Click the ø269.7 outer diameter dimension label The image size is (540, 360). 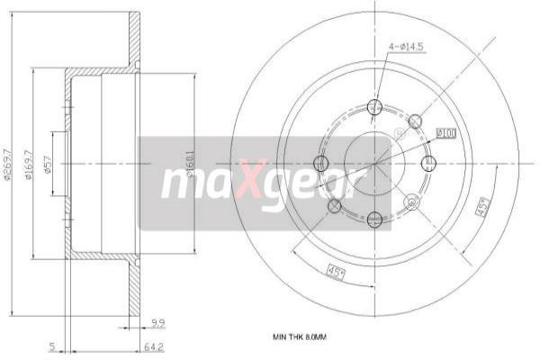pos(7,165)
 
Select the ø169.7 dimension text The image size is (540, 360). pos(29,165)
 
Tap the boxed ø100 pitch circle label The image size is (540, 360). pos(445,133)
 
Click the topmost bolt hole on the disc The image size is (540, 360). pos(374,108)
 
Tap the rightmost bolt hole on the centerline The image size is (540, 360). pos(429,163)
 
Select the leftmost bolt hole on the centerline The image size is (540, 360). pos(319,163)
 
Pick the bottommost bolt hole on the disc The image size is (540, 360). pos(374,218)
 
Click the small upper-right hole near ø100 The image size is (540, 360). pos(415,121)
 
